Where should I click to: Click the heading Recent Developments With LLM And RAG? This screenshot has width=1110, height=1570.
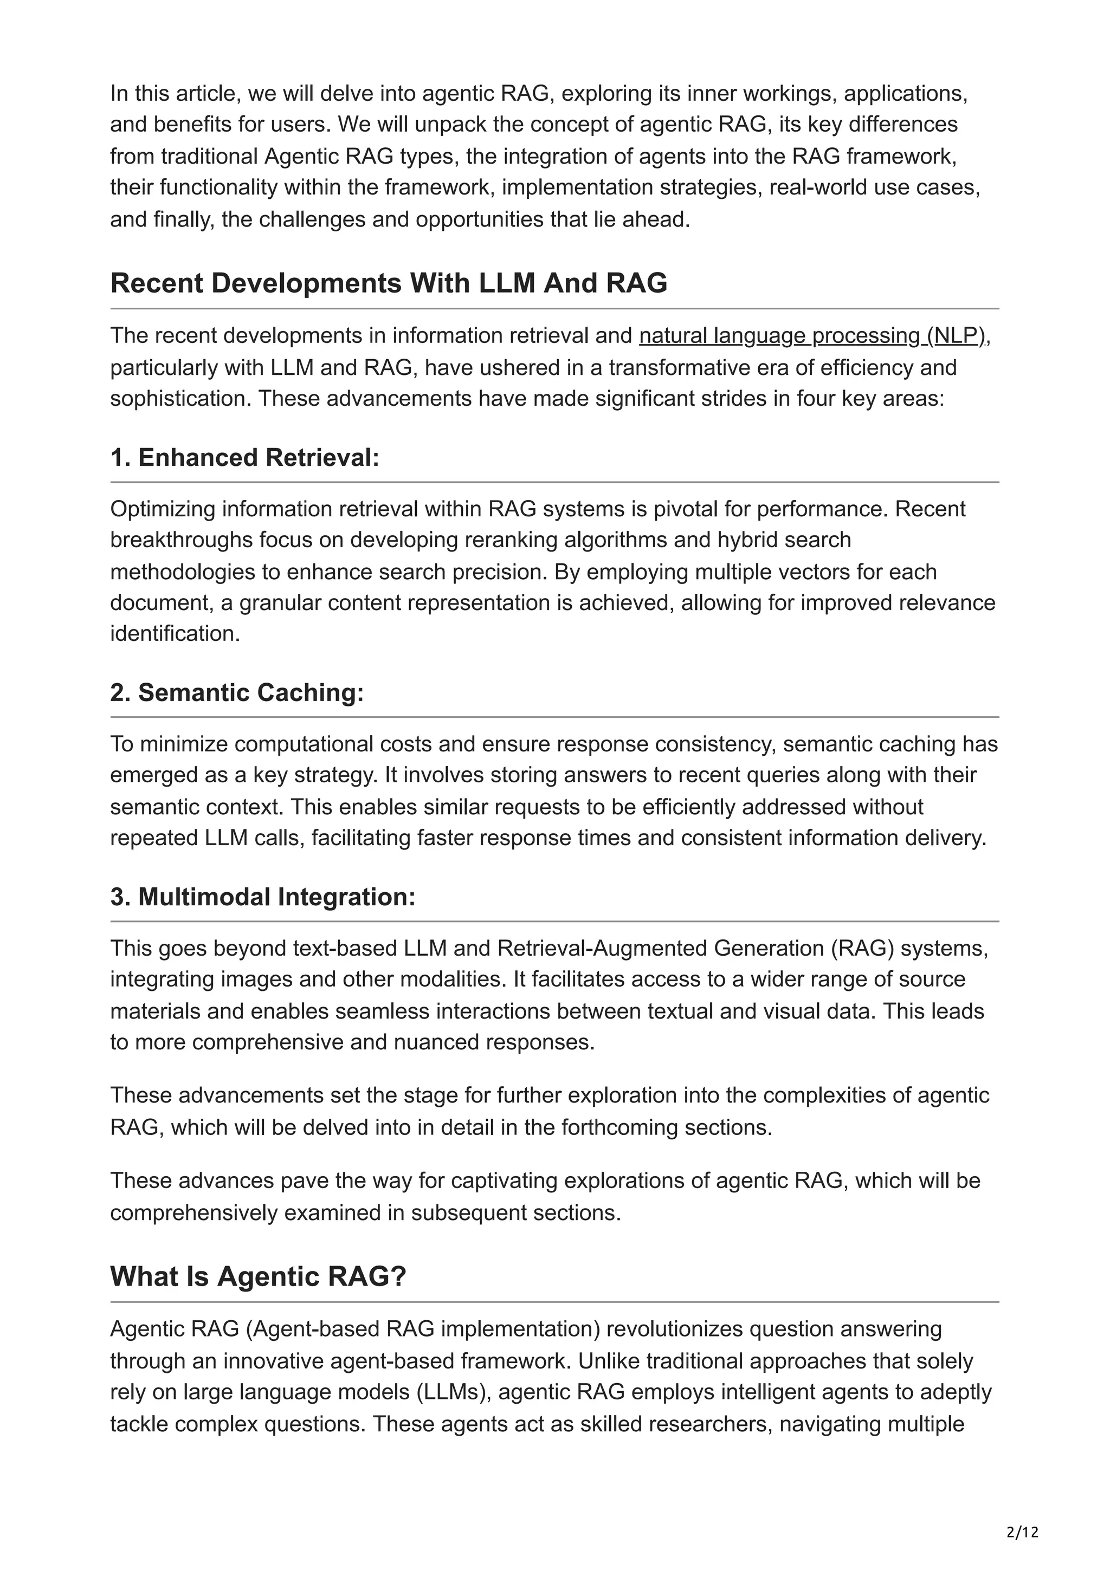[x=389, y=283]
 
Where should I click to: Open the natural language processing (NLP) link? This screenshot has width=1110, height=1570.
[x=812, y=336]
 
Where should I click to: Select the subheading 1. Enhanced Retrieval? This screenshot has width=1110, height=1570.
[x=244, y=457]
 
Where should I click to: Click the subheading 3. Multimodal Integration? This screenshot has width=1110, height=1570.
[x=263, y=897]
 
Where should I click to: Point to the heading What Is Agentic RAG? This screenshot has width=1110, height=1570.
[x=258, y=1276]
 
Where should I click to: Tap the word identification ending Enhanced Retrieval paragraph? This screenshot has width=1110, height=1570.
[x=175, y=634]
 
